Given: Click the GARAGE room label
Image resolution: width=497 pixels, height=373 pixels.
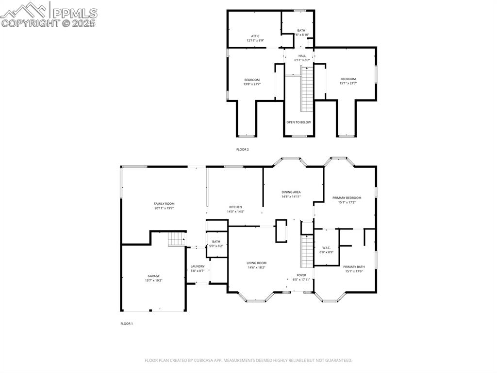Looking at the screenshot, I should (x=153, y=276).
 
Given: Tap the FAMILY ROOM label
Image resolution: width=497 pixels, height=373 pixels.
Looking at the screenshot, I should (x=164, y=204).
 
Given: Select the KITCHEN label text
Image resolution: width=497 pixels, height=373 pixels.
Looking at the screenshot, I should (x=235, y=207).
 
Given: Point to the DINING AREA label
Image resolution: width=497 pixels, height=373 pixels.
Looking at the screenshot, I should (x=291, y=192).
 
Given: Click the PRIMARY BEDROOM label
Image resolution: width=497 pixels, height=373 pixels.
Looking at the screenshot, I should (x=347, y=198).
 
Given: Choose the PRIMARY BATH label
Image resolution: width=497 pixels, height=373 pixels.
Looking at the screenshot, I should (x=354, y=266).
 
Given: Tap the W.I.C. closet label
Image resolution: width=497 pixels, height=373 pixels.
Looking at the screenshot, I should (x=326, y=248).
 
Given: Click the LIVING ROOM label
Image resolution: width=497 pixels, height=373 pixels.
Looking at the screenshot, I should (x=256, y=263).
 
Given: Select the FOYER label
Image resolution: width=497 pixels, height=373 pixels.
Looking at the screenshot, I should (x=301, y=275).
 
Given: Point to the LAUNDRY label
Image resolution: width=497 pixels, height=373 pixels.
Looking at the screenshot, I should (x=198, y=266).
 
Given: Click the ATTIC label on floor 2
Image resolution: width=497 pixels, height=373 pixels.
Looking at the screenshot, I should (x=255, y=36).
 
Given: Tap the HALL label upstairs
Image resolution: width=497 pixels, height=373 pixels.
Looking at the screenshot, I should (x=302, y=56).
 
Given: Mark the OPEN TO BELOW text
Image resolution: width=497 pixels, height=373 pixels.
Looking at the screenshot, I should (x=298, y=122).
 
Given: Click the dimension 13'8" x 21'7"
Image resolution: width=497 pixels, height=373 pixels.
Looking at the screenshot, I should (x=252, y=84).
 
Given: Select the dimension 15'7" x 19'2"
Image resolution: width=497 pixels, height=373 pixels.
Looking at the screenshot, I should (x=153, y=280).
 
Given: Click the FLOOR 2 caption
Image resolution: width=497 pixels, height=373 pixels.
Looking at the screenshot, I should (x=242, y=149).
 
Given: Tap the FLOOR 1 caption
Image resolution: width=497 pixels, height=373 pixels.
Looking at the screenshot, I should (x=126, y=323).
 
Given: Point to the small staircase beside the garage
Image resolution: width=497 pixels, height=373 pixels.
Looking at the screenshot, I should (x=177, y=239).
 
